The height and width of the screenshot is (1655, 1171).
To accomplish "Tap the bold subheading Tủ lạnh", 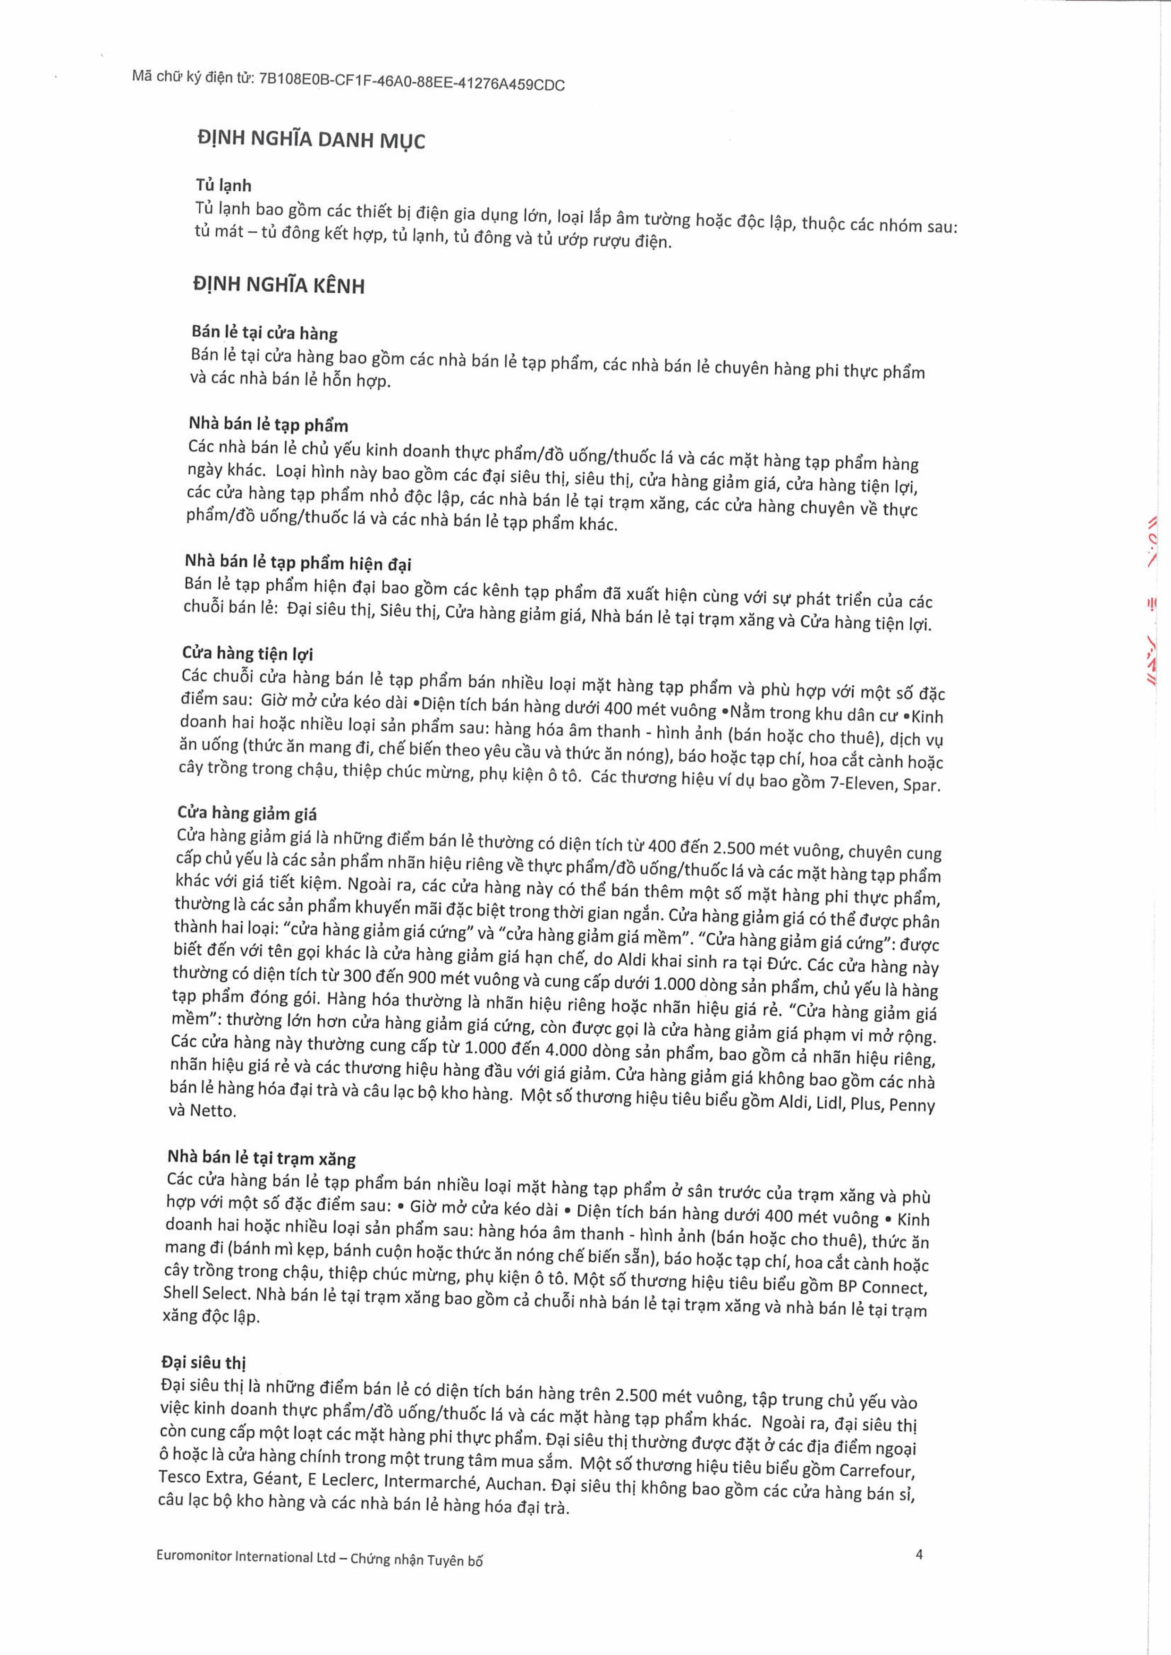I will coord(223,185).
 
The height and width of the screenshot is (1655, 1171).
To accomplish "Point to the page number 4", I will coord(919,1554).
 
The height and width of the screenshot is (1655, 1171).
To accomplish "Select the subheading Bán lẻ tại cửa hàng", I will coord(264,332).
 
